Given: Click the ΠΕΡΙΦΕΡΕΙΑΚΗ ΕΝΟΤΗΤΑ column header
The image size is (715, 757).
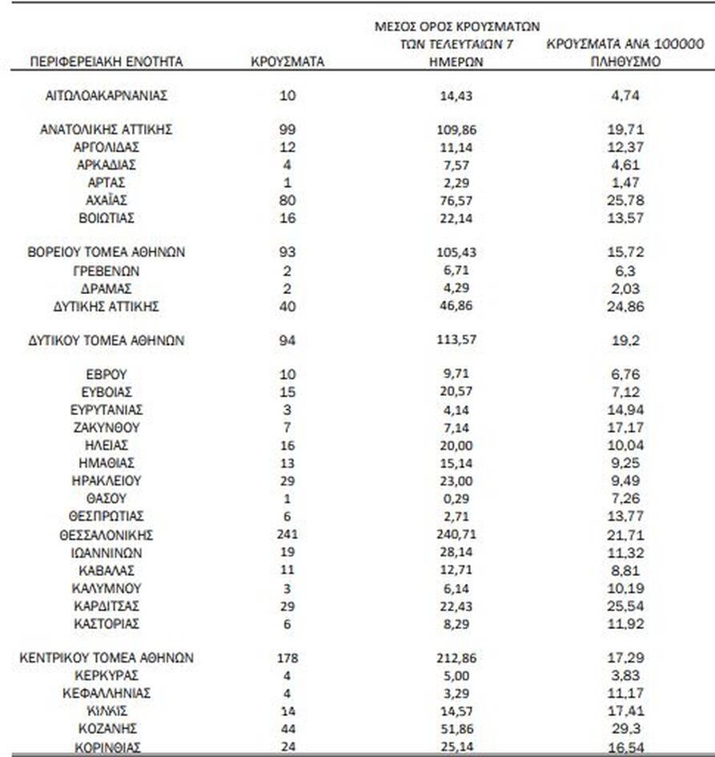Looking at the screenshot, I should pos(106,62).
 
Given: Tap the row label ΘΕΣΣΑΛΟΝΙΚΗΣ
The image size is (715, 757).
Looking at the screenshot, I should pos(106,535).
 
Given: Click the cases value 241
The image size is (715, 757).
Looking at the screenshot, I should pos(287,535).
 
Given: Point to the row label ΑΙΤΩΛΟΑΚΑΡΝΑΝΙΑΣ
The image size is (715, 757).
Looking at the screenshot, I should pos(106,95).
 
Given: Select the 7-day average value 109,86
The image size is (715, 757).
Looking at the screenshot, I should pos(457,129).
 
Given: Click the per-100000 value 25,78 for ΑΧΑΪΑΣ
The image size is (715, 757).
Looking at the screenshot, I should pos(627,199).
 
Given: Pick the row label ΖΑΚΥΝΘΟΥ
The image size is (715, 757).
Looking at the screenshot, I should pos(106,428).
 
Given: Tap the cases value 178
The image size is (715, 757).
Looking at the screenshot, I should pos(287,658).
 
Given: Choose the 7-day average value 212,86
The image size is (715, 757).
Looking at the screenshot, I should pos(457,658).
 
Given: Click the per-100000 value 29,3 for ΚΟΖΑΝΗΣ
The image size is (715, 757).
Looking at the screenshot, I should pos(627,729).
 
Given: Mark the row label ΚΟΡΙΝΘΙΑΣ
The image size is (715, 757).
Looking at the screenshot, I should pos(106,747).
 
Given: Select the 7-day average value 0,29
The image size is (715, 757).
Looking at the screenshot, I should pos(457,499).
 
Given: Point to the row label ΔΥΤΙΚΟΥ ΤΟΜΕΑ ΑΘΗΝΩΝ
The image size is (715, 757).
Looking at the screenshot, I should pos(106,340).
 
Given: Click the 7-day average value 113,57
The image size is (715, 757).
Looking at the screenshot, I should pos(457,340).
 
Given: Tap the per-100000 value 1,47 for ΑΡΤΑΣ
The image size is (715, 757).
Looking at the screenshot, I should pos(627,183).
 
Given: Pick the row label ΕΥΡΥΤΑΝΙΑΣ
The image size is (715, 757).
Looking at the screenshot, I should pos(106,410).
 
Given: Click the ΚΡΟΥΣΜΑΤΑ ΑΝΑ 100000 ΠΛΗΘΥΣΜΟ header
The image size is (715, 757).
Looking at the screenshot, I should pos(627,53).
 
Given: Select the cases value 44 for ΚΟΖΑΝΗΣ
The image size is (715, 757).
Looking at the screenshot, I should pos(287,729).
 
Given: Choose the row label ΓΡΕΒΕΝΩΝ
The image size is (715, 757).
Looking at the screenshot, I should pos(106,271).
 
